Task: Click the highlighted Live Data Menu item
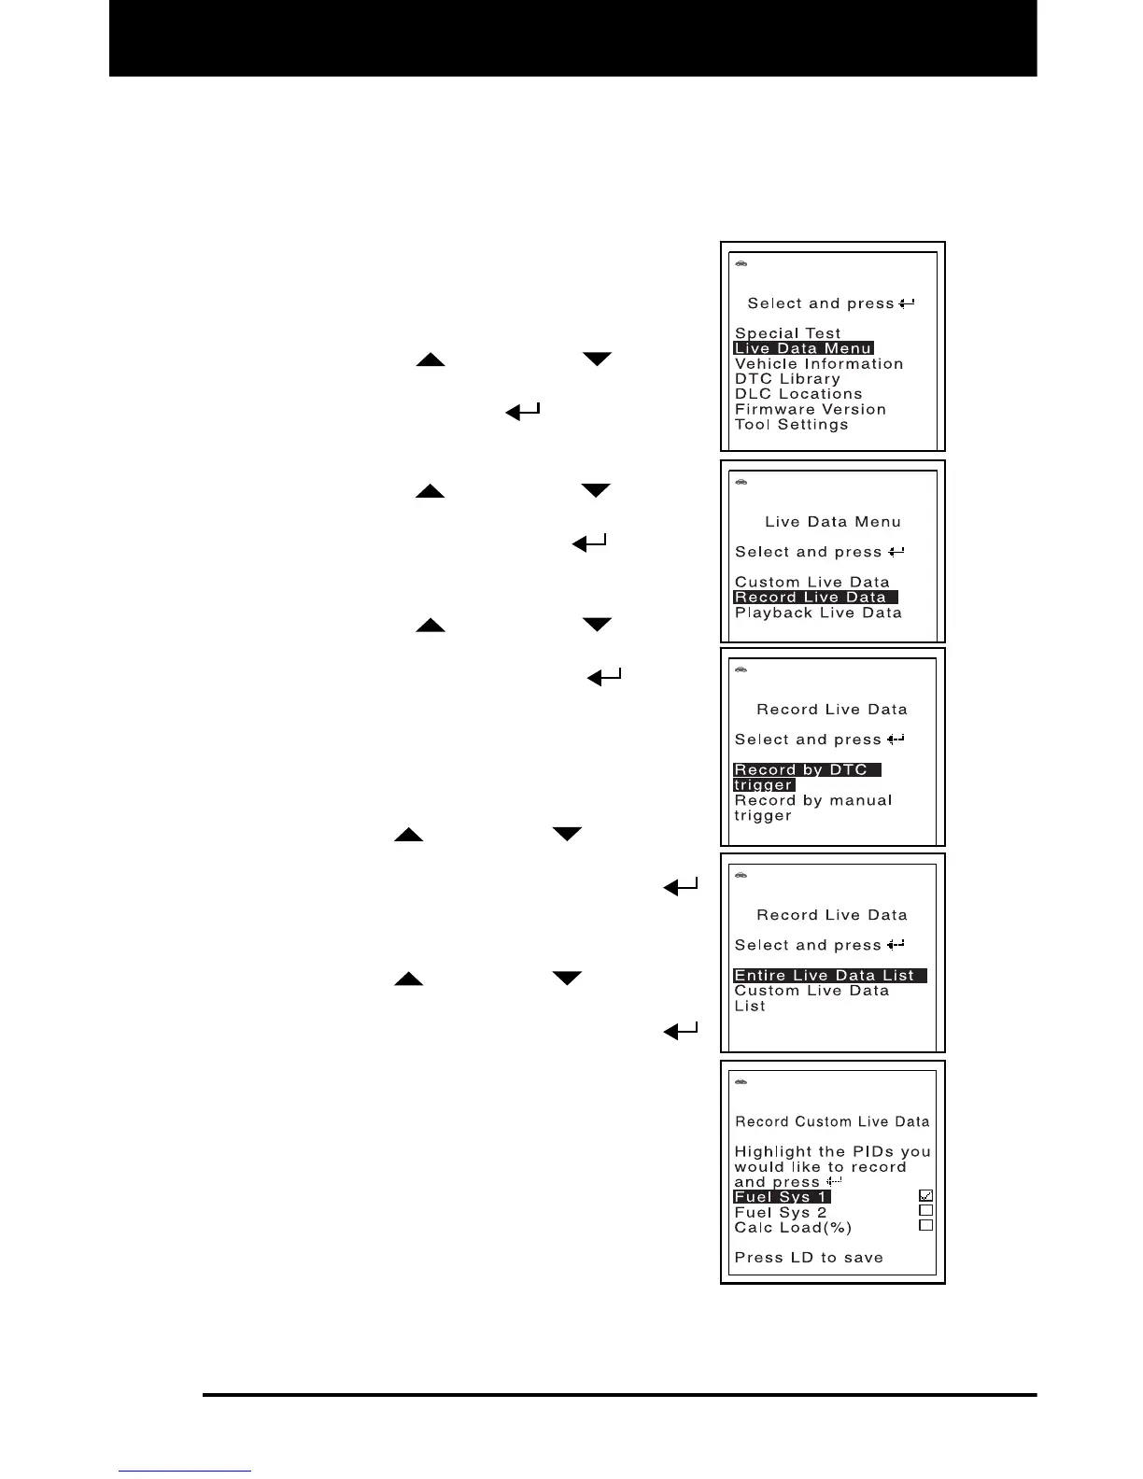pos(803,348)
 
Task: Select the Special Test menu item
pos(787,333)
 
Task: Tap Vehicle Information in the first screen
pos(818,364)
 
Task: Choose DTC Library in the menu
pos(787,379)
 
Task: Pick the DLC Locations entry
pos(798,394)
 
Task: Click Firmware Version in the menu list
pos(810,409)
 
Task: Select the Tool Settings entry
pos(791,425)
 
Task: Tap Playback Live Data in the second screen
pos(818,613)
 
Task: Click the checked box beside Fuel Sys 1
pos(925,1195)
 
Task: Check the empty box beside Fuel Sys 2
pos(925,1210)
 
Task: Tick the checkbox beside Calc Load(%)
pos(925,1225)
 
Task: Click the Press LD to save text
pos(809,1258)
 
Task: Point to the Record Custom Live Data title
pos(832,1121)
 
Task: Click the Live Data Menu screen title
pos(833,522)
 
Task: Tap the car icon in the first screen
pos(741,264)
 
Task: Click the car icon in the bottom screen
pos(741,1082)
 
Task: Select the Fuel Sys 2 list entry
pos(781,1212)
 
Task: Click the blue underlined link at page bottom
pos(185,1471)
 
